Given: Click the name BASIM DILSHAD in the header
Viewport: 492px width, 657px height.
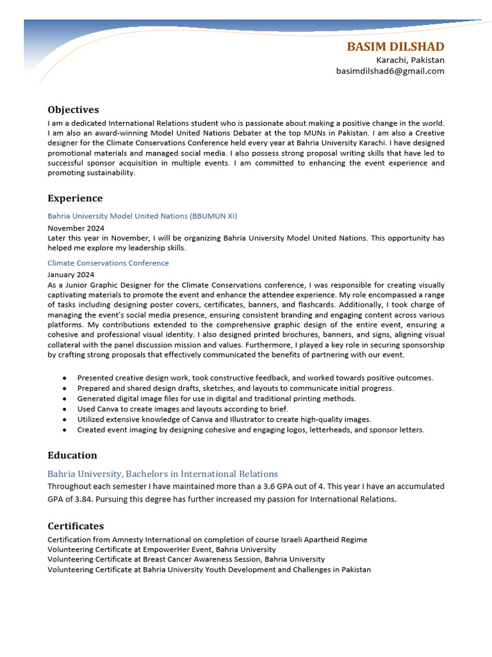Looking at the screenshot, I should [395, 47].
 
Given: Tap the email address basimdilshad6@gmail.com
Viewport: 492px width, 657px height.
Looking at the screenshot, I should [390, 71].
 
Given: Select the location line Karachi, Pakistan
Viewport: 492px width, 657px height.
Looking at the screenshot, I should [410, 60].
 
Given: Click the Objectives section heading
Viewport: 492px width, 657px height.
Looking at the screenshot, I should [73, 110].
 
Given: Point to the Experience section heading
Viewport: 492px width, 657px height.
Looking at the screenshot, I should [75, 198].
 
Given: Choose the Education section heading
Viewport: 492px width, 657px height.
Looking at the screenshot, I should [72, 456].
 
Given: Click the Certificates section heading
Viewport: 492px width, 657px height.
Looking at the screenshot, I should [76, 526].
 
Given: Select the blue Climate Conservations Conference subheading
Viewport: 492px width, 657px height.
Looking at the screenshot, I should [108, 263].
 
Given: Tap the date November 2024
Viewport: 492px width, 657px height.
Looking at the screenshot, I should [76, 228].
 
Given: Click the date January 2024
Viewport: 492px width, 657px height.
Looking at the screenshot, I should [70, 274].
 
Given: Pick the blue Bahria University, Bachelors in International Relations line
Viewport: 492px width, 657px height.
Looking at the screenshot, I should [163, 474].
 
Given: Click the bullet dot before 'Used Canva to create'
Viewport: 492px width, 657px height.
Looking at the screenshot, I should [65, 409].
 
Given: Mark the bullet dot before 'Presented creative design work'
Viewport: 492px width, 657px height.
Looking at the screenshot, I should [65, 379].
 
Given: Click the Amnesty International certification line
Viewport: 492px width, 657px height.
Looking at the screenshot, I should [207, 540].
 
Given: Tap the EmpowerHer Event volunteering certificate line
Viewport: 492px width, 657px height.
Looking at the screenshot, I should [161, 550].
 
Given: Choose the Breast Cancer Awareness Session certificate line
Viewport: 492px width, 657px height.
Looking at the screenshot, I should [186, 559].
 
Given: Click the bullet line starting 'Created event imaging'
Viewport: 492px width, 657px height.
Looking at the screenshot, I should [250, 430].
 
